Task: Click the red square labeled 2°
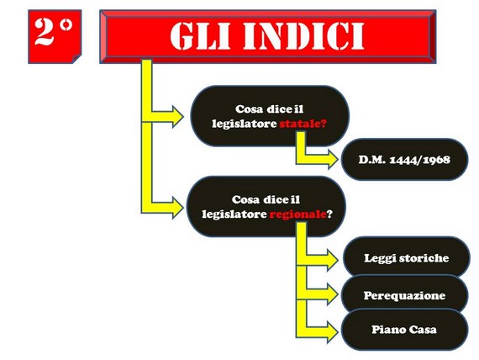[x=55, y=36]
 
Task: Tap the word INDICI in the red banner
[x=303, y=36]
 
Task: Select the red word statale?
[x=303, y=124]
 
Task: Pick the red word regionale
[x=297, y=214]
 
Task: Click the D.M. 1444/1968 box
[x=404, y=159]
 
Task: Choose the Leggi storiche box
[x=407, y=257]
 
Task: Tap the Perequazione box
[x=404, y=295]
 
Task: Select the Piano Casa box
[x=404, y=330]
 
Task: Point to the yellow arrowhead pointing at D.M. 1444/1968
[x=333, y=159]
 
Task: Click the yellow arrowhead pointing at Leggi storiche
[x=333, y=259]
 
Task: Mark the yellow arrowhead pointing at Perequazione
[x=333, y=294]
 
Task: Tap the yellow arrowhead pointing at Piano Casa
[x=333, y=331]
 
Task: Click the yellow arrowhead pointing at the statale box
[x=178, y=116]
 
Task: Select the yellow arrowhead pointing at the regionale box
[x=178, y=208]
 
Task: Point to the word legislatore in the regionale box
[x=234, y=214]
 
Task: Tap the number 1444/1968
[x=419, y=160]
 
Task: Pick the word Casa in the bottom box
[x=423, y=330]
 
